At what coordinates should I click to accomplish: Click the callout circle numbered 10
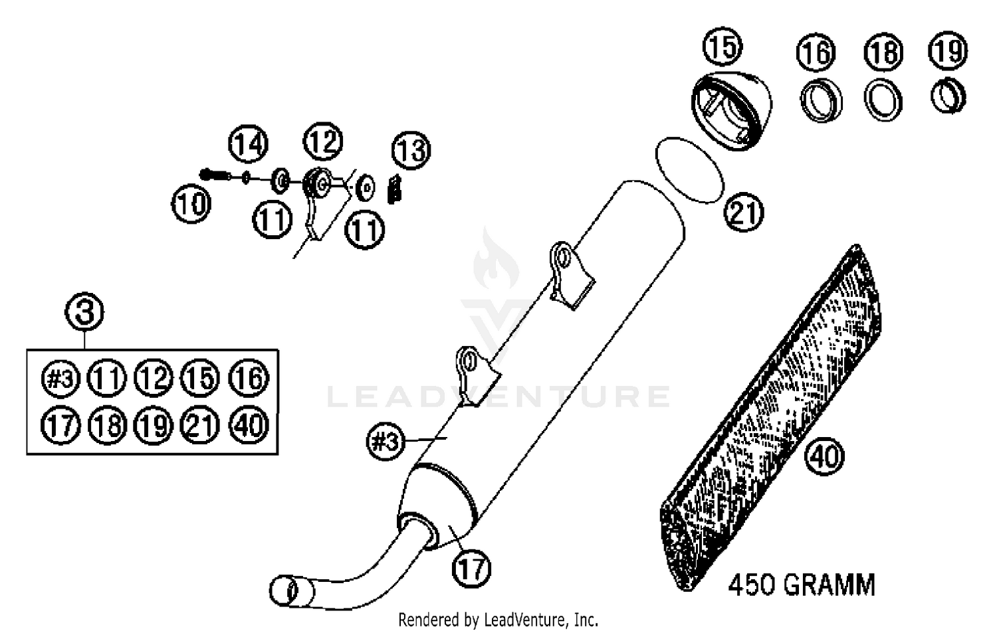[191, 203]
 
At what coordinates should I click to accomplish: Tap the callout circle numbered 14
[249, 144]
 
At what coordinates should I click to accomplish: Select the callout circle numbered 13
[411, 150]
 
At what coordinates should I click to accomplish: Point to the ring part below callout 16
[821, 102]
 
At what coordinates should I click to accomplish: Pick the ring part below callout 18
[883, 100]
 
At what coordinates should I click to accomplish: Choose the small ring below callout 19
[948, 96]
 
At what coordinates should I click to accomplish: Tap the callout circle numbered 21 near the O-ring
[744, 213]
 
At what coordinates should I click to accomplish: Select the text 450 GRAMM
[802, 585]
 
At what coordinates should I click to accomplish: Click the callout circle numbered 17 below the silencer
[472, 569]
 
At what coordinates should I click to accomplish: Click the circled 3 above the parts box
[85, 312]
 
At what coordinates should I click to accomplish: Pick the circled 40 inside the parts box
[249, 424]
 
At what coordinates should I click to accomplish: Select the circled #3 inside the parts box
[60, 379]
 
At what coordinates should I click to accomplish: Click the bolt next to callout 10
[214, 175]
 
